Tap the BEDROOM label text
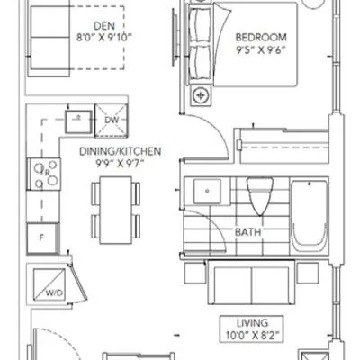click(261, 38)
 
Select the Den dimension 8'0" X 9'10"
click(104, 38)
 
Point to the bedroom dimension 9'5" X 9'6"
click(260, 49)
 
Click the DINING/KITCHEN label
click(120, 151)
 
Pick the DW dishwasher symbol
click(112, 121)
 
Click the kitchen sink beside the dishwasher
click(78, 121)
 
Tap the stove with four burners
click(44, 174)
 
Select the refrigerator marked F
click(42, 238)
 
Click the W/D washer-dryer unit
click(49, 284)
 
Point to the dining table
click(116, 210)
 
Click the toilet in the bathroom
click(260, 196)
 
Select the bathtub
click(310, 216)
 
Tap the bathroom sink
click(207, 192)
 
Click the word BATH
click(247, 232)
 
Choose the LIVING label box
click(252, 329)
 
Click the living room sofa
click(251, 283)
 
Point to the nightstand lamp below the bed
click(200, 95)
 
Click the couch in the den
click(49, 39)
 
